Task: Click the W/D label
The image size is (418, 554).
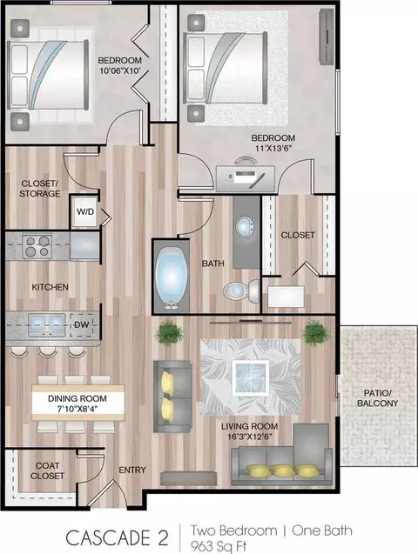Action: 85,212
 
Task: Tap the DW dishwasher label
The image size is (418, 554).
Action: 81,324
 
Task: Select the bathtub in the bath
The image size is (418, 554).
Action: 172,277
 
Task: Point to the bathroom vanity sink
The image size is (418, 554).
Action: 245,226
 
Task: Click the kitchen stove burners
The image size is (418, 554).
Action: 37,246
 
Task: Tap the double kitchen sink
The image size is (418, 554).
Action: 47,324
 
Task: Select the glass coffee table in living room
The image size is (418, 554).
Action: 251,378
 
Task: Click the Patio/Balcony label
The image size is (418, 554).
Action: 377,397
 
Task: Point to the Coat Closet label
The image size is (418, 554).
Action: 47,471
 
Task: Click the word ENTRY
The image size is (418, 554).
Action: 132,470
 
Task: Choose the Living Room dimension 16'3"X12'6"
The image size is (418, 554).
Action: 250,437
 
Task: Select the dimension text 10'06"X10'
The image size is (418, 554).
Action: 120,70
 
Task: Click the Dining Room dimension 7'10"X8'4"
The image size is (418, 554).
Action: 78,409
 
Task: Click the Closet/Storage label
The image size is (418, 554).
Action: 39,189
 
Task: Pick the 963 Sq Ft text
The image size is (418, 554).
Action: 219,546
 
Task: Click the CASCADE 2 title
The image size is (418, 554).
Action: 117,537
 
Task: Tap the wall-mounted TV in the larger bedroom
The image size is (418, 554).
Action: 327,36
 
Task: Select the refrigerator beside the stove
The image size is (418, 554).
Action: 84,246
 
